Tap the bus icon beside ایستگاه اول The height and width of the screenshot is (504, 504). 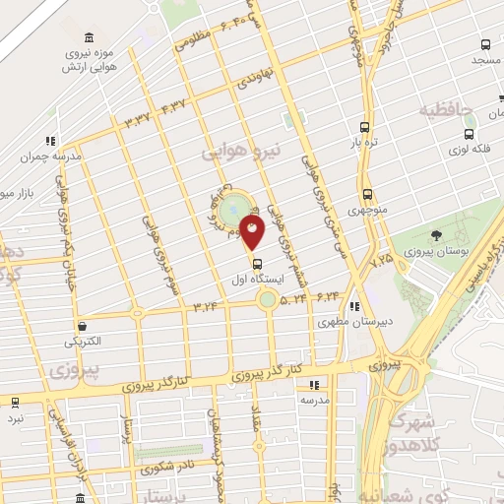(258, 264)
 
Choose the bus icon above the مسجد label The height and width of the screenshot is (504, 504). (485, 44)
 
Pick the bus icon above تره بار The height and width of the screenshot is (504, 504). (365, 127)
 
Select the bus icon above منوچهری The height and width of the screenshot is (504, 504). (367, 193)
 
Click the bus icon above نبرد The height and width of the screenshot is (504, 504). (15, 402)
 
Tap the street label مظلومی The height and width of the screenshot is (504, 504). (197, 40)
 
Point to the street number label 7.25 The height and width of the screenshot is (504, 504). (382, 261)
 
